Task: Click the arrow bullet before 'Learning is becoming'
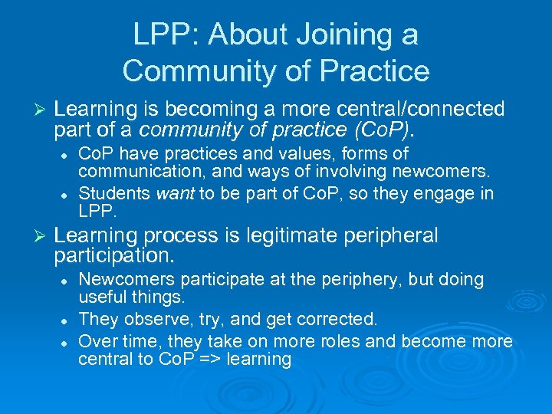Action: point(41,110)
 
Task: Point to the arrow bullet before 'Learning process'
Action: point(41,236)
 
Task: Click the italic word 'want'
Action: point(176,193)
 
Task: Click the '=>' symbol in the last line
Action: point(209,359)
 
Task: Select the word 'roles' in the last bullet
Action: point(339,339)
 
